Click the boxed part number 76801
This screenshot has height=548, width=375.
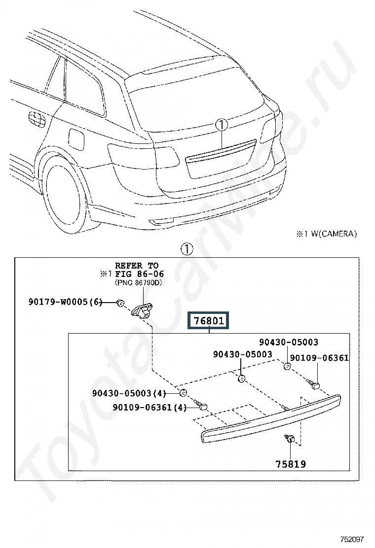tap(209, 320)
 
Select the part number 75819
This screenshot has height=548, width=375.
tap(291, 464)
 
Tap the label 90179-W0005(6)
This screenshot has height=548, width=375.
tap(66, 302)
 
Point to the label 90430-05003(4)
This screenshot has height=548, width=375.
tap(129, 393)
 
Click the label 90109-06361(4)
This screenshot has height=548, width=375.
tap(150, 407)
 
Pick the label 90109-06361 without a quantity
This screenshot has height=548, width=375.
tap(319, 357)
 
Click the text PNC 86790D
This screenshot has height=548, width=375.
tap(139, 283)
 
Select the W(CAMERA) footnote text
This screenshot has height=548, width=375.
tap(334, 234)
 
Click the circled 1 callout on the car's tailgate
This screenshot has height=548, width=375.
tap(222, 125)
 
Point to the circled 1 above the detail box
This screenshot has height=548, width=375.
tap(187, 249)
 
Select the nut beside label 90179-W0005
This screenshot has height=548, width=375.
tap(119, 303)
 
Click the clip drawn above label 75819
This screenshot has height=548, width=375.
tap(290, 438)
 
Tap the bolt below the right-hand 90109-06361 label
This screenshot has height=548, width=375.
tap(313, 384)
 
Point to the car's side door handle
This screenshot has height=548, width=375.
tap(37, 119)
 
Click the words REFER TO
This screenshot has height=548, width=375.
tap(137, 266)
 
